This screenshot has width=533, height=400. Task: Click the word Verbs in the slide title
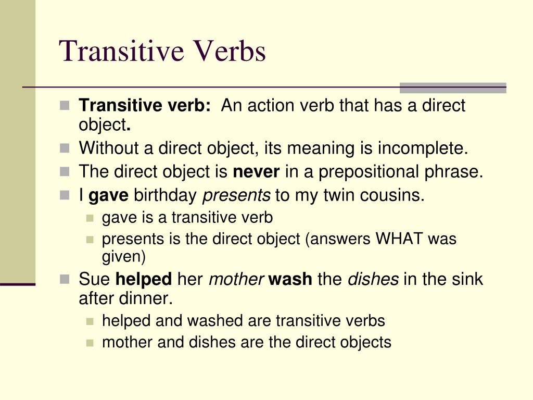click(230, 52)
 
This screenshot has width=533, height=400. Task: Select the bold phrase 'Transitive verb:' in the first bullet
click(145, 106)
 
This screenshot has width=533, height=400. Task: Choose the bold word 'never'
click(257, 172)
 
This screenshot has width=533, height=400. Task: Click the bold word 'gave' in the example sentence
click(109, 195)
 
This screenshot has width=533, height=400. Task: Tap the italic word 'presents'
click(236, 195)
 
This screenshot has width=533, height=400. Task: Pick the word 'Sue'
click(94, 279)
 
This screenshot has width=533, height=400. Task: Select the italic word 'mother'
click(236, 279)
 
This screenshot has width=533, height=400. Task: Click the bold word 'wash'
click(290, 279)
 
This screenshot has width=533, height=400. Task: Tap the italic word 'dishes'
click(373, 279)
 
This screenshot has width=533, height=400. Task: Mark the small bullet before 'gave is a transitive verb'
click(90, 218)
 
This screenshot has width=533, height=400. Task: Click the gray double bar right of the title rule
click(452, 87)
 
